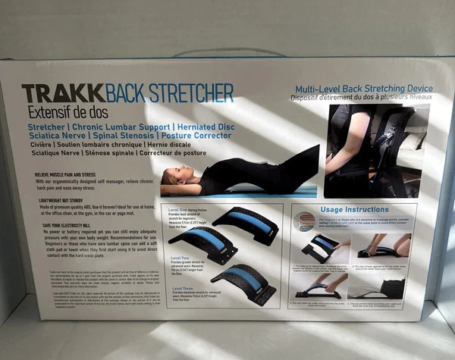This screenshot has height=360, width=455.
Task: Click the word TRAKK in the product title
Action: [52, 94]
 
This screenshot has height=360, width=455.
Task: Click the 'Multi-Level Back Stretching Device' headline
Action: [363, 89]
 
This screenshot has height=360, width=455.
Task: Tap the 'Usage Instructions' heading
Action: [354, 208]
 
